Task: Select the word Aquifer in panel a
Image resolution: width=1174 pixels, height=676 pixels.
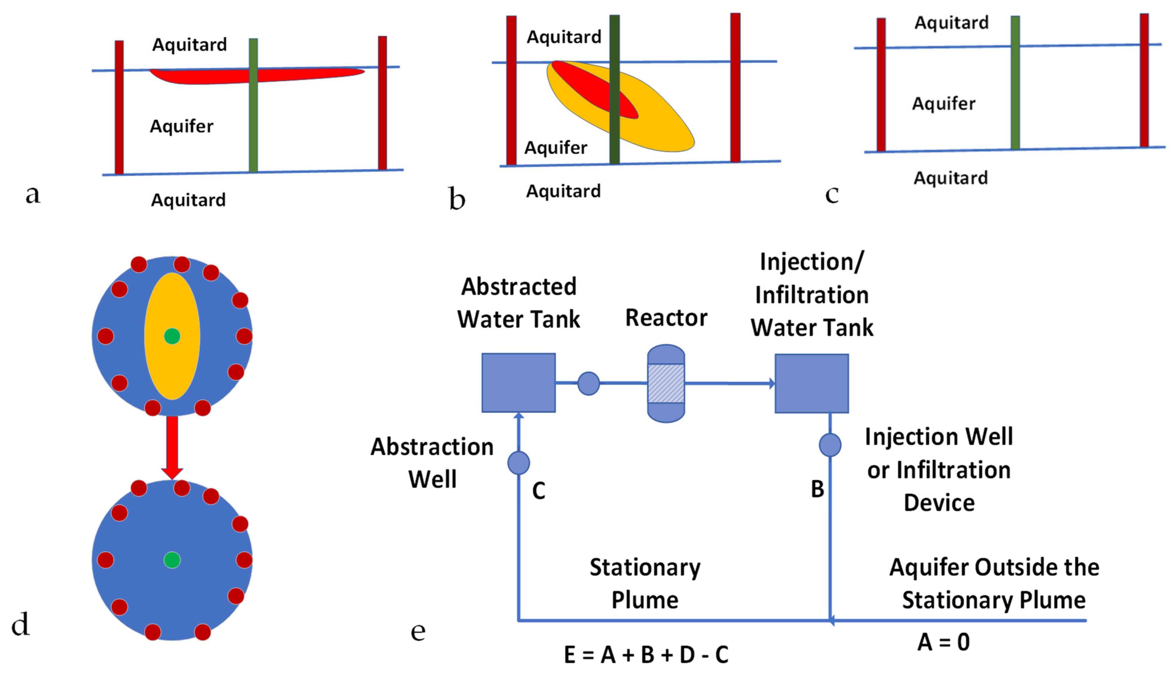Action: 182,126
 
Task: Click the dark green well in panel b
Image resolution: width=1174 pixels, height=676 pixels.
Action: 614,135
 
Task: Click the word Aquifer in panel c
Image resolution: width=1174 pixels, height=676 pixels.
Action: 944,104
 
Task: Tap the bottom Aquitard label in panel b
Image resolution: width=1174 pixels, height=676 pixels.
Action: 563,191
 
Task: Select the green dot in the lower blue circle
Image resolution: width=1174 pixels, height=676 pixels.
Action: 172,560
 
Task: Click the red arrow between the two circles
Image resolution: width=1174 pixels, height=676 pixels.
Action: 172,446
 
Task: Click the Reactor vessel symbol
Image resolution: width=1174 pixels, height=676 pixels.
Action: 666,383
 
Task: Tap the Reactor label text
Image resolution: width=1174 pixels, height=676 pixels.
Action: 666,318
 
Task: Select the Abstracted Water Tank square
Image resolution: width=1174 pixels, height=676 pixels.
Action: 518,383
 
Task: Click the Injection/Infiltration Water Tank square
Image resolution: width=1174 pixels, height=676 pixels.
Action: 811,383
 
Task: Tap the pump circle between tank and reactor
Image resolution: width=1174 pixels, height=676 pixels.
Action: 588,383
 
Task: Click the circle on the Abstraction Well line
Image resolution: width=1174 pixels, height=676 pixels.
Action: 518,463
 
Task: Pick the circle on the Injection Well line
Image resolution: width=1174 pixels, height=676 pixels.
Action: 830,445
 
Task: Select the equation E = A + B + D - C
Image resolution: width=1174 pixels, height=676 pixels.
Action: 646,655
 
